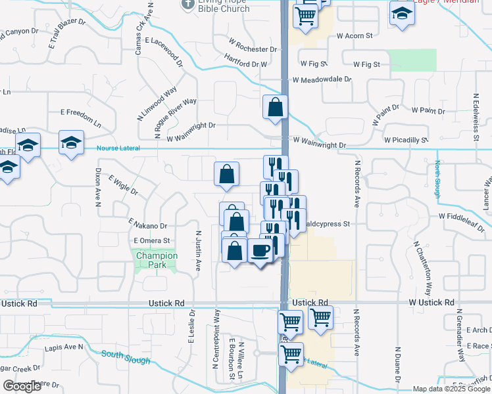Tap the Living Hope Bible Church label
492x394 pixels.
(x=224, y=5)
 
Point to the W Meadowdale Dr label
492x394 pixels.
(x=322, y=79)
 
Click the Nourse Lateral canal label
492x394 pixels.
(x=118, y=148)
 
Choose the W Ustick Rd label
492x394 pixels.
(x=431, y=302)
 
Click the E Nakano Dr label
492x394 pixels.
(x=149, y=225)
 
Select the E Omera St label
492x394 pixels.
(x=152, y=241)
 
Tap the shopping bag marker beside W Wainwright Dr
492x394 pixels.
(x=276, y=107)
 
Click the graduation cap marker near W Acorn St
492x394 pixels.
(x=401, y=13)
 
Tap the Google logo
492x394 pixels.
(x=22, y=386)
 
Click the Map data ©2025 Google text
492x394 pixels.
(x=451, y=389)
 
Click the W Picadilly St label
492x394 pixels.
(x=406, y=140)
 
